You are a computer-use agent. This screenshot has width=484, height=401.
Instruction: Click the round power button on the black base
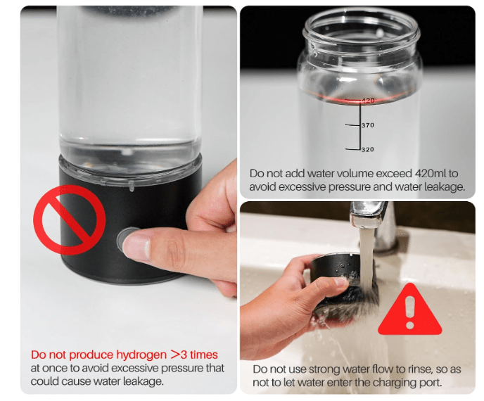pos(128,241)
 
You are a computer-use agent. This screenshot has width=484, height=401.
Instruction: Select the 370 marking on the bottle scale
pos(367,125)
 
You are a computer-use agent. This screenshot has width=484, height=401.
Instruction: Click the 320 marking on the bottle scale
pos(367,150)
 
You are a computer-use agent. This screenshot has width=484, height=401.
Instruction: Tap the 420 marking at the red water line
pos(367,101)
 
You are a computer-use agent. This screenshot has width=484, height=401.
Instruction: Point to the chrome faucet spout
pos(367,215)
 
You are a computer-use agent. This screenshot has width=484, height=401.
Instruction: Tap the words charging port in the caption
pos(409,383)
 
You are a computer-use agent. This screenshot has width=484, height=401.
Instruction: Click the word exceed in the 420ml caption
pos(391,173)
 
